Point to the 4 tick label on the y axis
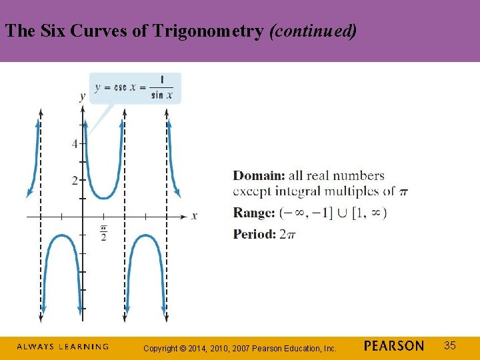75,143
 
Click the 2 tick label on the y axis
75,180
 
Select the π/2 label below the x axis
103,233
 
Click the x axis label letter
194,216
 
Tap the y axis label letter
82,97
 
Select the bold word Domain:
259,176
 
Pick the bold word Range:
253,213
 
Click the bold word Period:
254,234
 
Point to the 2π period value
287,234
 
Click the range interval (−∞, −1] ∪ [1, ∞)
333,213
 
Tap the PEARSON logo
394,346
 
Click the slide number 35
450,345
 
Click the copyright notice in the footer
240,348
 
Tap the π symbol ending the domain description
403,193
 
